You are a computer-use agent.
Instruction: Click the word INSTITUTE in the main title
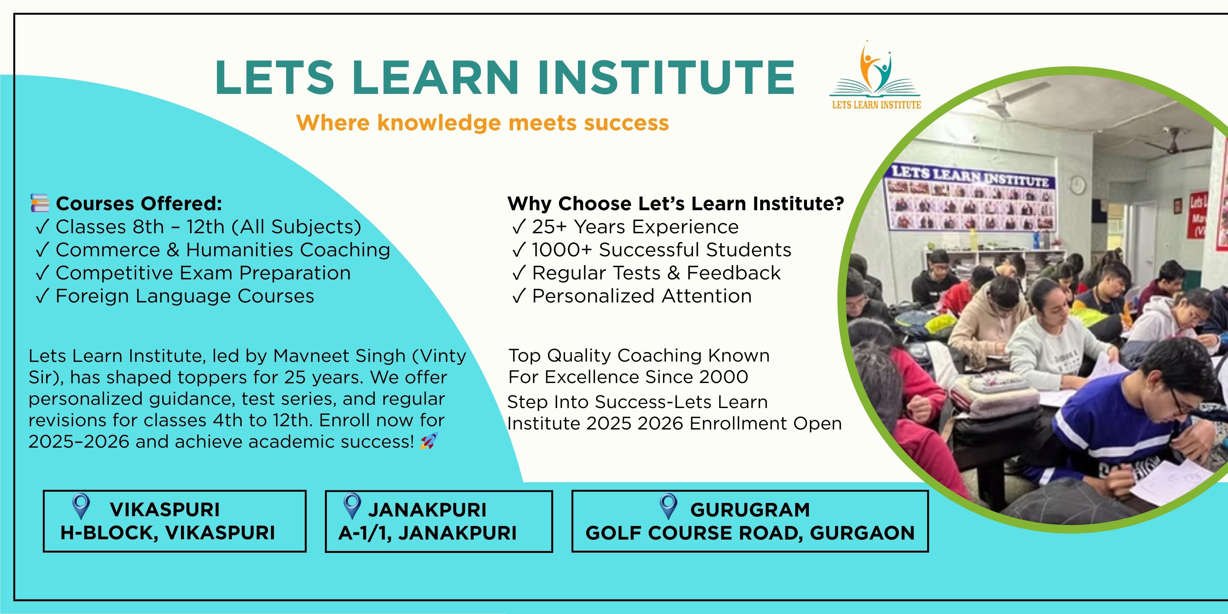pyautogui.click(x=666, y=77)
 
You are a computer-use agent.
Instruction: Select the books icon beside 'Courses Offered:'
pyautogui.click(x=40, y=203)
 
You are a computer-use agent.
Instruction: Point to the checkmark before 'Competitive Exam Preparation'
pyautogui.click(x=43, y=273)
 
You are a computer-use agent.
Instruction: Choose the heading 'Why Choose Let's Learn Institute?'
pyautogui.click(x=675, y=204)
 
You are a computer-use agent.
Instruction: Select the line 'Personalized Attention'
pyautogui.click(x=642, y=296)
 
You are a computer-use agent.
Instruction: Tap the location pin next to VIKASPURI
pyautogui.click(x=81, y=506)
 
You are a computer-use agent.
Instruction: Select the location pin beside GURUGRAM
pyautogui.click(x=668, y=506)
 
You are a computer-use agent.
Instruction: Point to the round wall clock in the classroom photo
pyautogui.click(x=1077, y=185)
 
